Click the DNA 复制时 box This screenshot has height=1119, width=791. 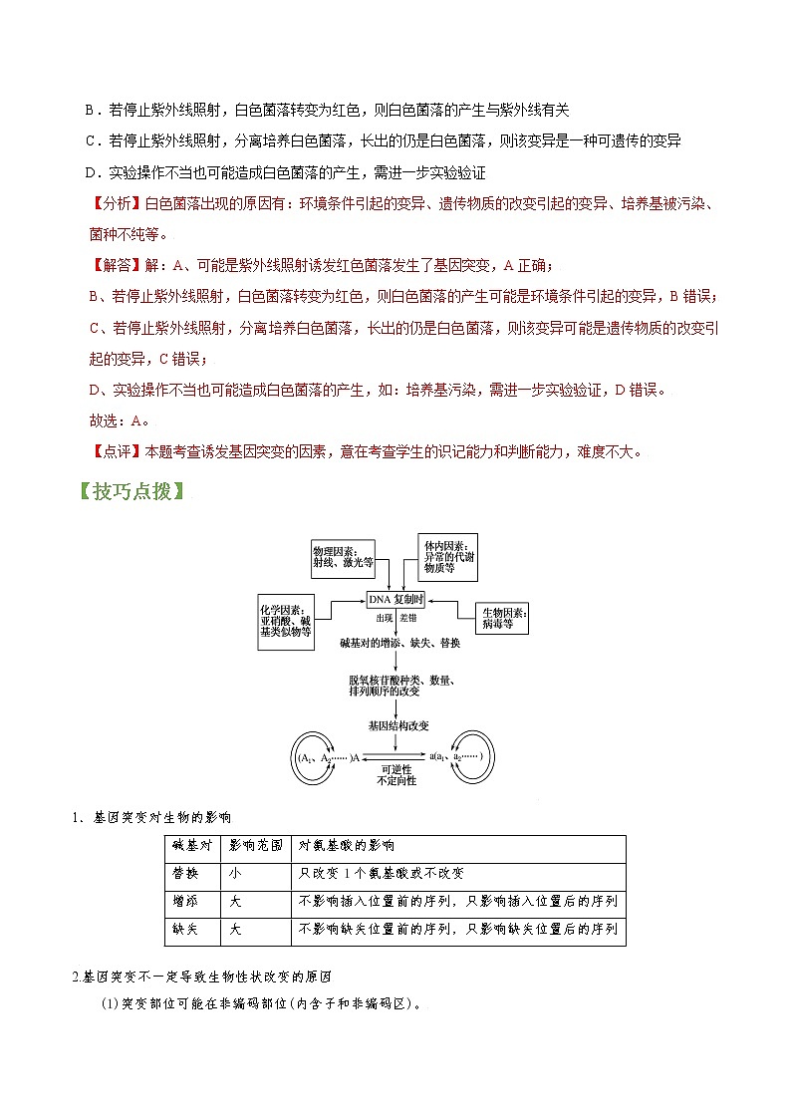pos(396,600)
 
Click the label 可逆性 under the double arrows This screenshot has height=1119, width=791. pos(396,769)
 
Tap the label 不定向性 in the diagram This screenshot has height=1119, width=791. pos(396,780)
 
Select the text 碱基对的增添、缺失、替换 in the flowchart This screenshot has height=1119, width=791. pos(399,644)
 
